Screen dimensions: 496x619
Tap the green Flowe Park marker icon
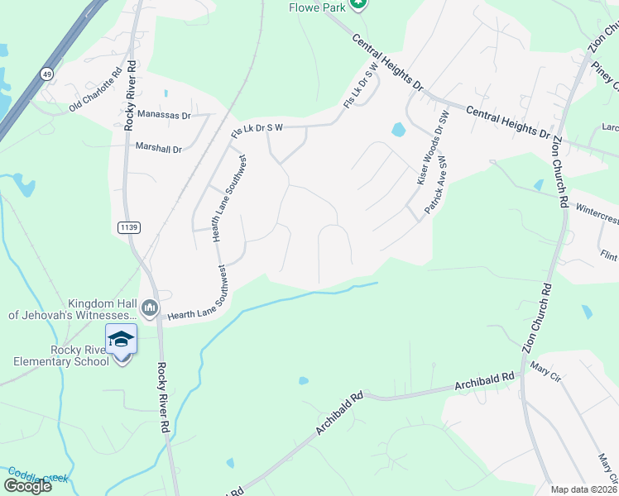point(357,4)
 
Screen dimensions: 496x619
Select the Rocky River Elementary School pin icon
point(120,339)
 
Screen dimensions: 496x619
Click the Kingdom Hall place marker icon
point(150,308)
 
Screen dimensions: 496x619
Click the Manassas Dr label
point(164,115)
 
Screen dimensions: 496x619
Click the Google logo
point(28,486)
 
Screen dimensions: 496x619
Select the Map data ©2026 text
point(583,489)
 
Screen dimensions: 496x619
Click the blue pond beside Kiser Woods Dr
point(398,130)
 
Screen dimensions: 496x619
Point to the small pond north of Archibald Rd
point(304,381)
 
